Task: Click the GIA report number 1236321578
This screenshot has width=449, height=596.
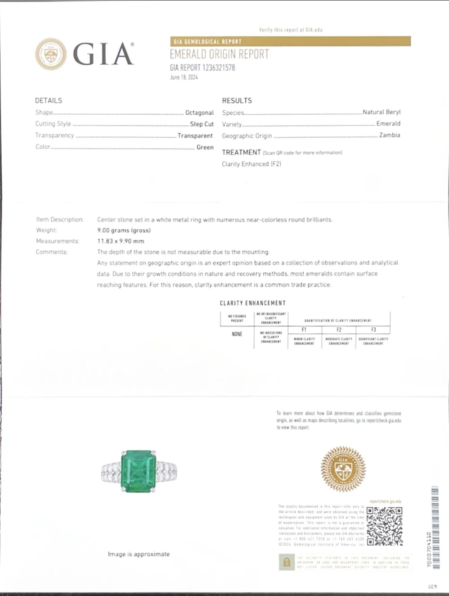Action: [x=202, y=68]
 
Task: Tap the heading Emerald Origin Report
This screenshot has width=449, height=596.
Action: [x=219, y=54]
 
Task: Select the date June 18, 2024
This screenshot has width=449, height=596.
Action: [x=184, y=77]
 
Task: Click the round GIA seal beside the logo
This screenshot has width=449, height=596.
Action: [x=51, y=54]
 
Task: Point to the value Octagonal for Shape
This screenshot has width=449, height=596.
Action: [x=199, y=113]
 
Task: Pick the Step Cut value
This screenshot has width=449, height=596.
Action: [x=202, y=124]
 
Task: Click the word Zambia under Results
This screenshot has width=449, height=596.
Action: [x=389, y=135]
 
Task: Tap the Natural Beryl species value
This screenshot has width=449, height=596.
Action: [x=381, y=112]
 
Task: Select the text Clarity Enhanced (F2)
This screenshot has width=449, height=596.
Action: [x=251, y=164]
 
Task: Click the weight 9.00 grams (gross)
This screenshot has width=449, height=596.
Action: [x=124, y=230]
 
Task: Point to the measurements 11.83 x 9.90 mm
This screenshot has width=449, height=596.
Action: [x=121, y=241]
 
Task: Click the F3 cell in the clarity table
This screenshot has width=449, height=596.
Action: [x=373, y=330]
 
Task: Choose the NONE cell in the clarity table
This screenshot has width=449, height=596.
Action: [x=237, y=334]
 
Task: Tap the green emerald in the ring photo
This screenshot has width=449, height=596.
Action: [x=138, y=471]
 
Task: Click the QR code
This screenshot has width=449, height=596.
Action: [x=384, y=526]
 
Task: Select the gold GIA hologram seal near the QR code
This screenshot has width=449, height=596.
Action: [x=343, y=469]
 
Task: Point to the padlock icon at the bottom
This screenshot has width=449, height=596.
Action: [x=287, y=562]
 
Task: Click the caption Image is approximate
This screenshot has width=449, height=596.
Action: [x=139, y=554]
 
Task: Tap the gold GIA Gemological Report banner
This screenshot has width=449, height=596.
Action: [x=290, y=41]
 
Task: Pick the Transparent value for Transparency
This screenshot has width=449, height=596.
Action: [x=195, y=135]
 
